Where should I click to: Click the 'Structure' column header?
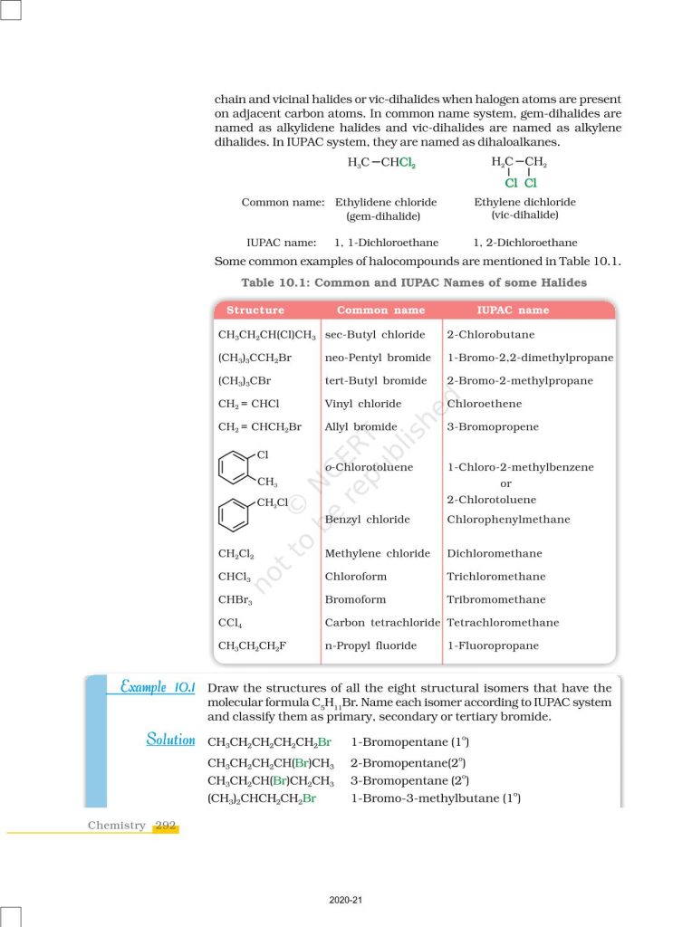[x=255, y=311]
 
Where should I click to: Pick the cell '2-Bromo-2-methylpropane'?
[x=520, y=381]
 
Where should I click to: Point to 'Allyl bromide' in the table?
[x=360, y=426]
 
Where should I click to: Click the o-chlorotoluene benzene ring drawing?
[x=235, y=468]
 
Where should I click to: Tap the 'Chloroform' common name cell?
[x=355, y=577]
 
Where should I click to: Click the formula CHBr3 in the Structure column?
[x=235, y=600]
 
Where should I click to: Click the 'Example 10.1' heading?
[x=158, y=688]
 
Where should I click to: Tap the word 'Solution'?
[x=170, y=741]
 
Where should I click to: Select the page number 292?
[x=165, y=826]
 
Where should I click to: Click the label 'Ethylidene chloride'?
[x=386, y=203]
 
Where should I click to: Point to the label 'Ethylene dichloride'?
[x=524, y=203]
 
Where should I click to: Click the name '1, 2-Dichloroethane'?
[x=524, y=243]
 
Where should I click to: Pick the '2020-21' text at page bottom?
[x=346, y=901]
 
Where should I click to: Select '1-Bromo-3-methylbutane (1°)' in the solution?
[x=435, y=798]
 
